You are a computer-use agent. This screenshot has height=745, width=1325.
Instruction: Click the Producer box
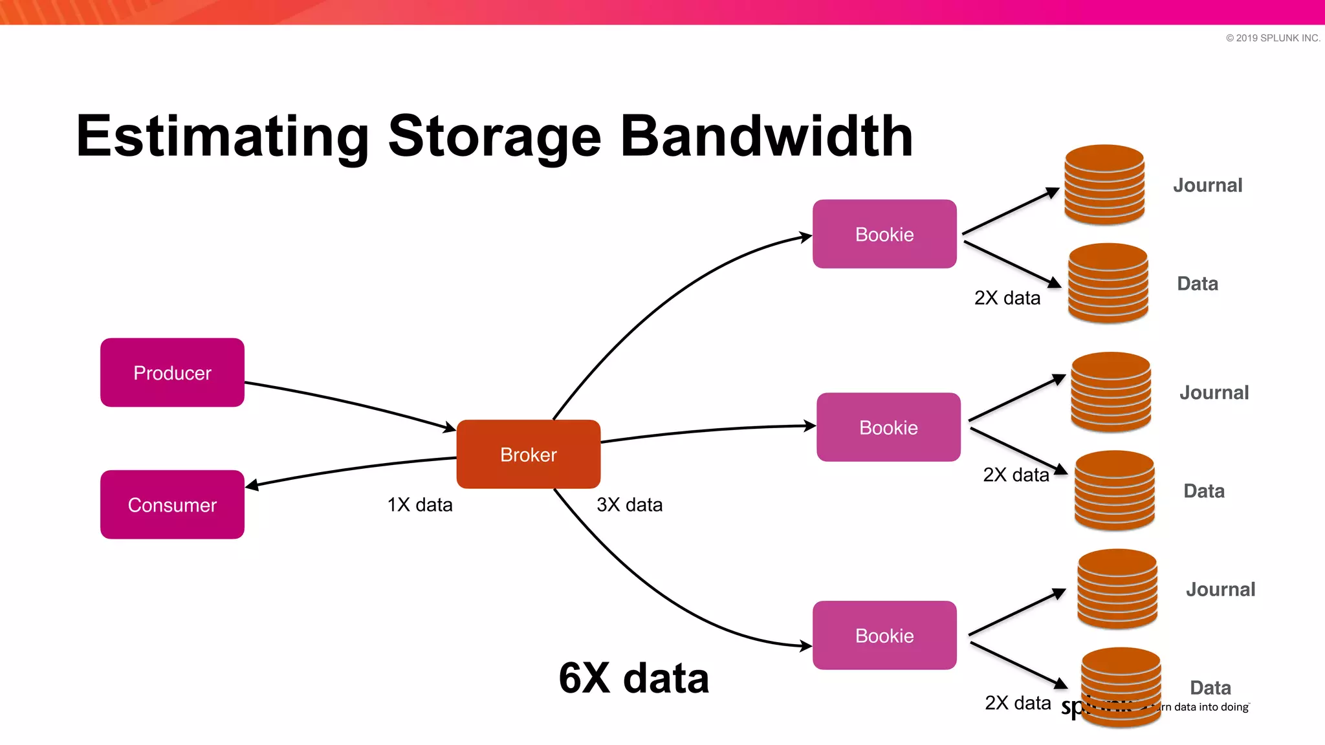172,372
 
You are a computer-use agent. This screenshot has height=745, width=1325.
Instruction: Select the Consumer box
172,504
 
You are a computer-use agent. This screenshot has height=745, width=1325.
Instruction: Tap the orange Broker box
529,454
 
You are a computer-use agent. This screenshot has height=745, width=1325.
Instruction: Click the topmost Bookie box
884,234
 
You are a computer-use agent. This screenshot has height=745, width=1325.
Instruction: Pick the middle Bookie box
888,427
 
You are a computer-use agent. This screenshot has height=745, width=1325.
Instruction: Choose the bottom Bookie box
884,636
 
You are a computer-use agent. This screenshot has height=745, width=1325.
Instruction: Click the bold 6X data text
633,678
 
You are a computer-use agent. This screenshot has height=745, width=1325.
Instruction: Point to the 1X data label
420,504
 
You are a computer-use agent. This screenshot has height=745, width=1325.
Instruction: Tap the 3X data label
630,504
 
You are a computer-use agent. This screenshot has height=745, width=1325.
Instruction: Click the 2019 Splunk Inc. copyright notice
1273,38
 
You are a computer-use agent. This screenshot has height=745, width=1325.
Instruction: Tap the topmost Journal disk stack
1104,185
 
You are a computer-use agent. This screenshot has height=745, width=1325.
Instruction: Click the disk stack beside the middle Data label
1114,491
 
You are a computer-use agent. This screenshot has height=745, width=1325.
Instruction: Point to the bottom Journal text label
1220,589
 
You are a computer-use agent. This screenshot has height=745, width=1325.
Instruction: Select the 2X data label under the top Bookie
1007,298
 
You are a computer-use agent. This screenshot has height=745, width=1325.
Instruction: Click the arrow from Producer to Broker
349,402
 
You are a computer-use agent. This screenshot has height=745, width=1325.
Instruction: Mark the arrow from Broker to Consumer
349,468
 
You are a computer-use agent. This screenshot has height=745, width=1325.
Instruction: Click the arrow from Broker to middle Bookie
705,431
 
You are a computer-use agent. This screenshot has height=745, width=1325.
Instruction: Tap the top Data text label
1198,283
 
